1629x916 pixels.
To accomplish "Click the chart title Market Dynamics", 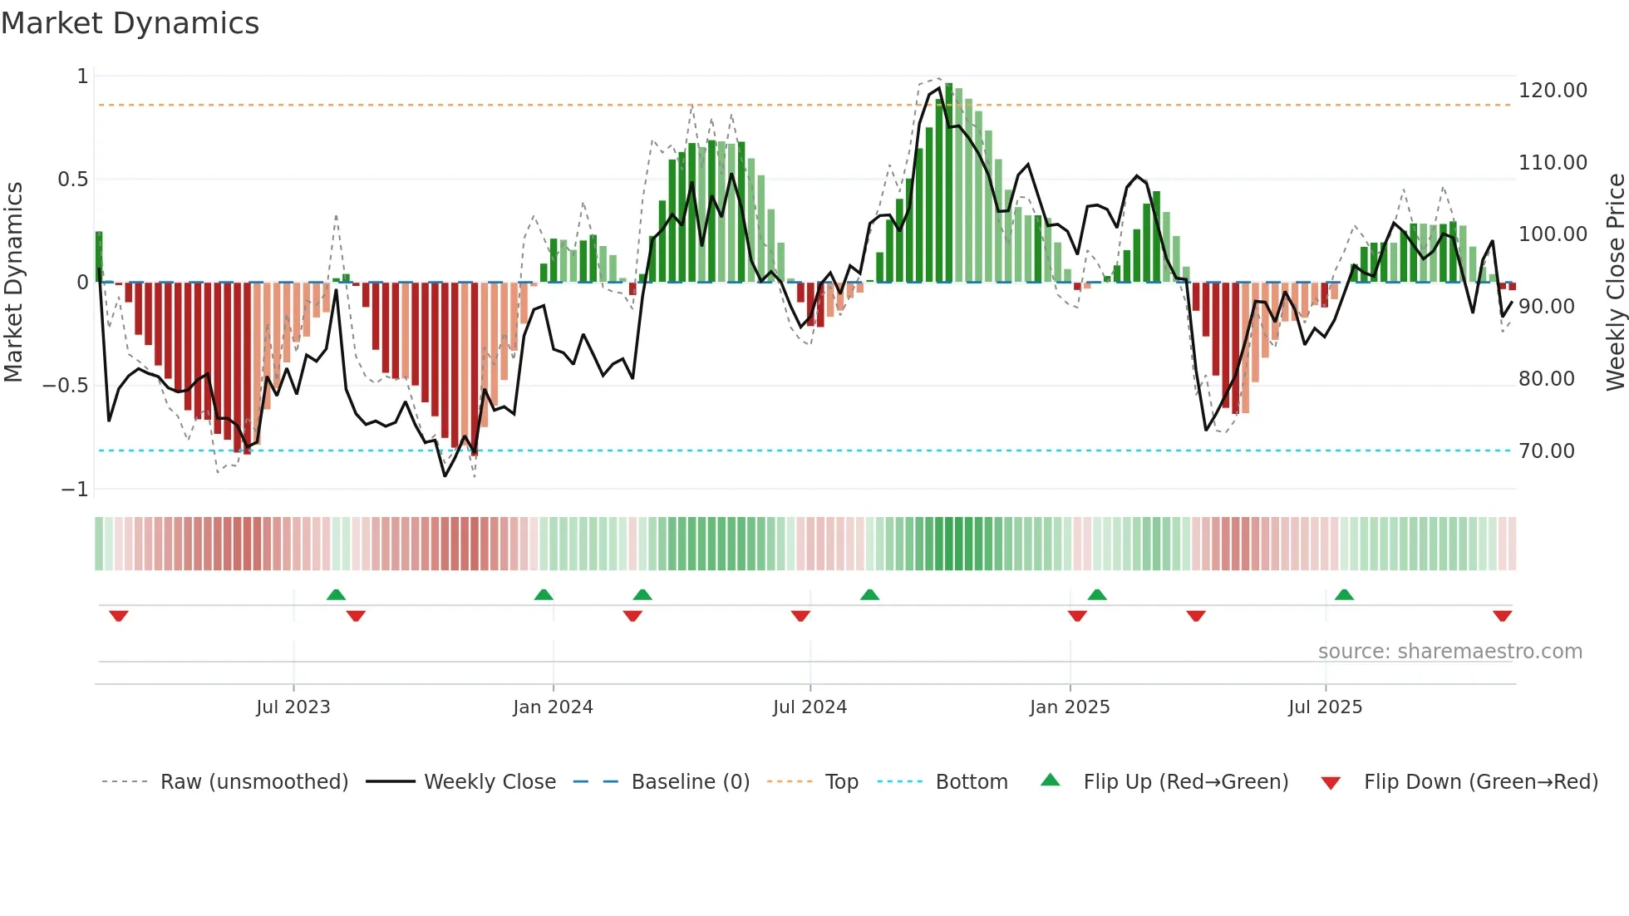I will [130, 23].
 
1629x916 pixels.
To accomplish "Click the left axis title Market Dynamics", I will [13, 282].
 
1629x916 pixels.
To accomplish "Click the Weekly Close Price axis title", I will [1615, 282].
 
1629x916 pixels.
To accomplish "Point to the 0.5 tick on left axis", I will [72, 180].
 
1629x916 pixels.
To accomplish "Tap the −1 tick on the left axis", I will [74, 490].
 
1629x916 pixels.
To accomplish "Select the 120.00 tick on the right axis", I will [1552, 91].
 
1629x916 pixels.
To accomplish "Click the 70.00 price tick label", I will [1546, 451].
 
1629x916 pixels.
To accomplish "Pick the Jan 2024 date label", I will [553, 707].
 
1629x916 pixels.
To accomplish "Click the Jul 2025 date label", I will [1325, 707].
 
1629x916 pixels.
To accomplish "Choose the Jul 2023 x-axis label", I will [293, 707].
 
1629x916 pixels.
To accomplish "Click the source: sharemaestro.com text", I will [1449, 652].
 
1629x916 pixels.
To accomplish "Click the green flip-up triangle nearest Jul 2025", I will [1344, 594].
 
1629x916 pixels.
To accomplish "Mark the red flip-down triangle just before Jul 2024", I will [800, 616].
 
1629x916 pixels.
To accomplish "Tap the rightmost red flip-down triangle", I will [1502, 616].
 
